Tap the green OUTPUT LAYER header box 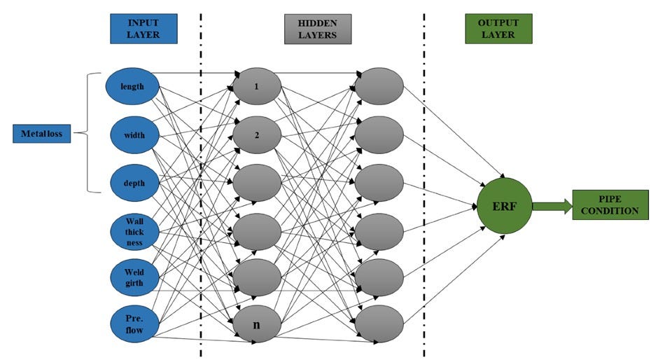coord(498,29)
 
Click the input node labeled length coord(132,87)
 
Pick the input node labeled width coord(132,134)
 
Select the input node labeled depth coord(132,183)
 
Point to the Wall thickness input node coord(132,233)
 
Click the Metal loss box coord(42,134)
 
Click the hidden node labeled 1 coord(257,87)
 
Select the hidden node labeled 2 coord(257,134)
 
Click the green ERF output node coord(505,206)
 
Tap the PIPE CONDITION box coord(605,205)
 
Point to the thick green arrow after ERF coord(552,206)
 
